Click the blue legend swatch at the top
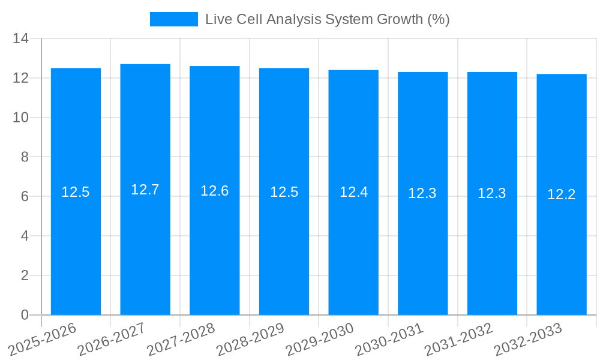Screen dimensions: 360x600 (x=173, y=19)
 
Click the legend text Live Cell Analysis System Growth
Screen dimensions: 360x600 (x=327, y=19)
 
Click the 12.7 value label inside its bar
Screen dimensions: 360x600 (x=145, y=190)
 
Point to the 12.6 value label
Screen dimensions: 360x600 (x=215, y=191)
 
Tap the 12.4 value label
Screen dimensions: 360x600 (x=353, y=192)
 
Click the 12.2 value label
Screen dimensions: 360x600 (x=562, y=194)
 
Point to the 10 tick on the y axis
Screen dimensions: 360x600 (x=21, y=118)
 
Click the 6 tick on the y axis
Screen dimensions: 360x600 (x=25, y=197)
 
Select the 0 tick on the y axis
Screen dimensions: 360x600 (x=25, y=315)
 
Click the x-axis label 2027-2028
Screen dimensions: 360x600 (x=181, y=339)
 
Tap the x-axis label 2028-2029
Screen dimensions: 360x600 (x=250, y=339)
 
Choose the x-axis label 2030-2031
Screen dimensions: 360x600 (x=389, y=339)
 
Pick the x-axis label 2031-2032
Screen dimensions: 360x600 (x=459, y=339)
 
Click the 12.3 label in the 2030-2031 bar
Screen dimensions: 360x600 (x=422, y=193)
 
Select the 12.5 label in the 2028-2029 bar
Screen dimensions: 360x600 (x=284, y=192)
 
